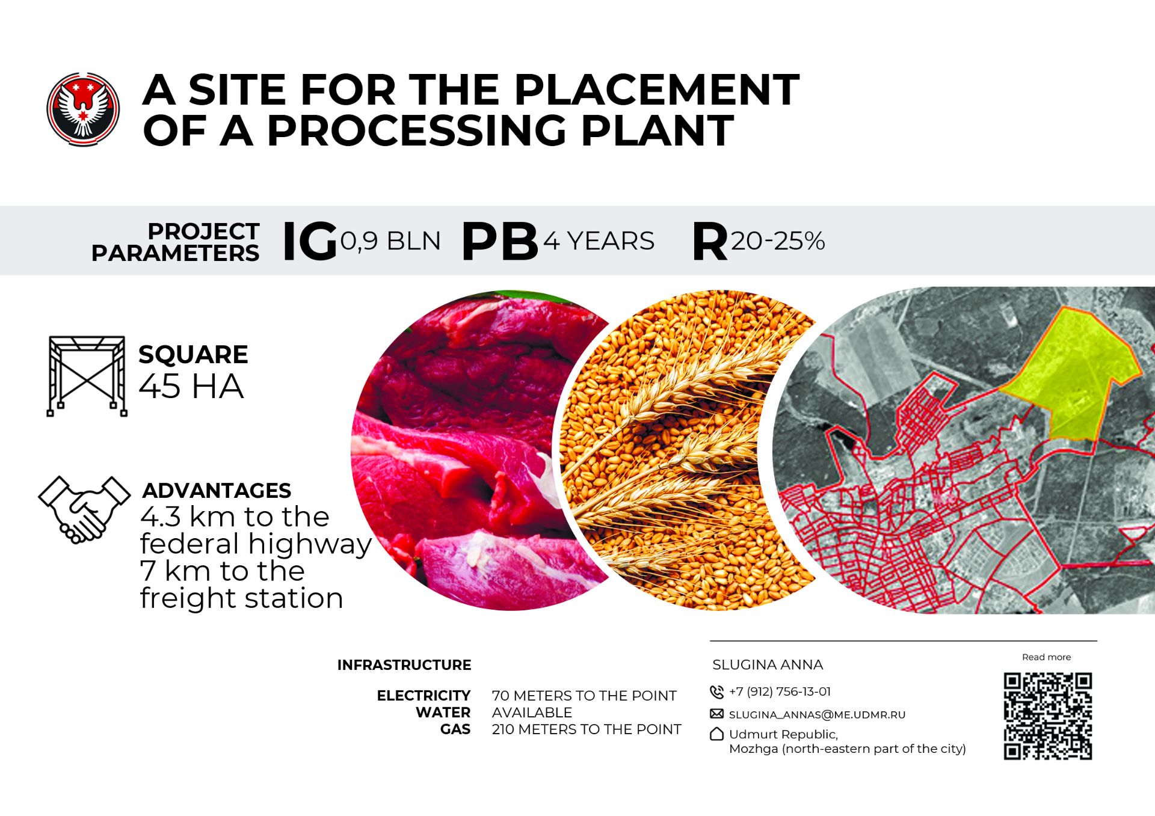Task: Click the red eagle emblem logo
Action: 83,109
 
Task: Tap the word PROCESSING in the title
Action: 416,130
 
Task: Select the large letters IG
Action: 309,241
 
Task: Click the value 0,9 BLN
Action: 390,241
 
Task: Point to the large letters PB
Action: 499,241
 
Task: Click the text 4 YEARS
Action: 599,241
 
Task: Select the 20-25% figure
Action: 777,241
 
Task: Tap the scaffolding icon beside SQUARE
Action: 87,376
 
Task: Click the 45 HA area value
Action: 191,386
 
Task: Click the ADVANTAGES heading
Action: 217,491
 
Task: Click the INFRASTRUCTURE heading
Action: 404,665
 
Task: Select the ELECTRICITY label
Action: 423,696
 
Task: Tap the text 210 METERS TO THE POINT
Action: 587,729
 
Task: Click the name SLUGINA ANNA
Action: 768,664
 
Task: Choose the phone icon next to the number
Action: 716,692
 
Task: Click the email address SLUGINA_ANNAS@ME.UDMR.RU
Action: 817,715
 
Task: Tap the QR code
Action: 1047,716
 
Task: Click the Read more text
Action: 1046,657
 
